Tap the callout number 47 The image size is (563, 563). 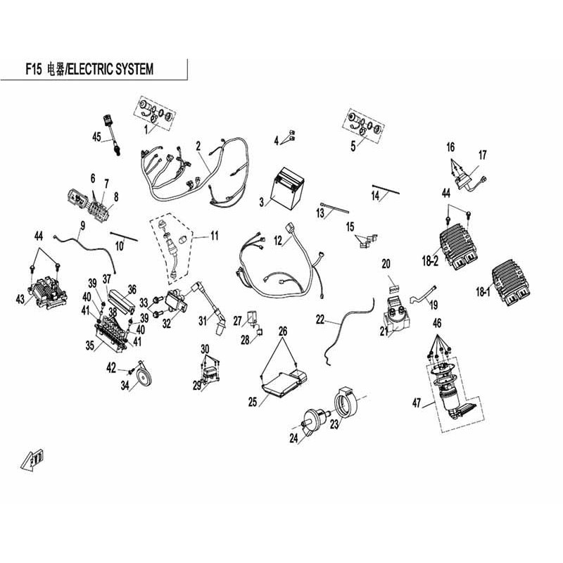(x=417, y=403)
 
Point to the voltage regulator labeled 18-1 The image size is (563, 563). (x=512, y=285)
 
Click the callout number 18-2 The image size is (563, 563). (x=430, y=261)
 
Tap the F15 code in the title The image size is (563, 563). (x=33, y=68)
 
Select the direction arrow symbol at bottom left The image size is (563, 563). (x=32, y=460)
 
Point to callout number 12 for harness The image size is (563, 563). (x=278, y=241)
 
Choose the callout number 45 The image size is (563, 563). (x=96, y=137)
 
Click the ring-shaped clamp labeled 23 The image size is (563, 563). (x=345, y=403)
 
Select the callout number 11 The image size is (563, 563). (x=215, y=236)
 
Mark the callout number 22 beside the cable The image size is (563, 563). (x=320, y=320)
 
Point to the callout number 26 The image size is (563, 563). (x=283, y=331)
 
